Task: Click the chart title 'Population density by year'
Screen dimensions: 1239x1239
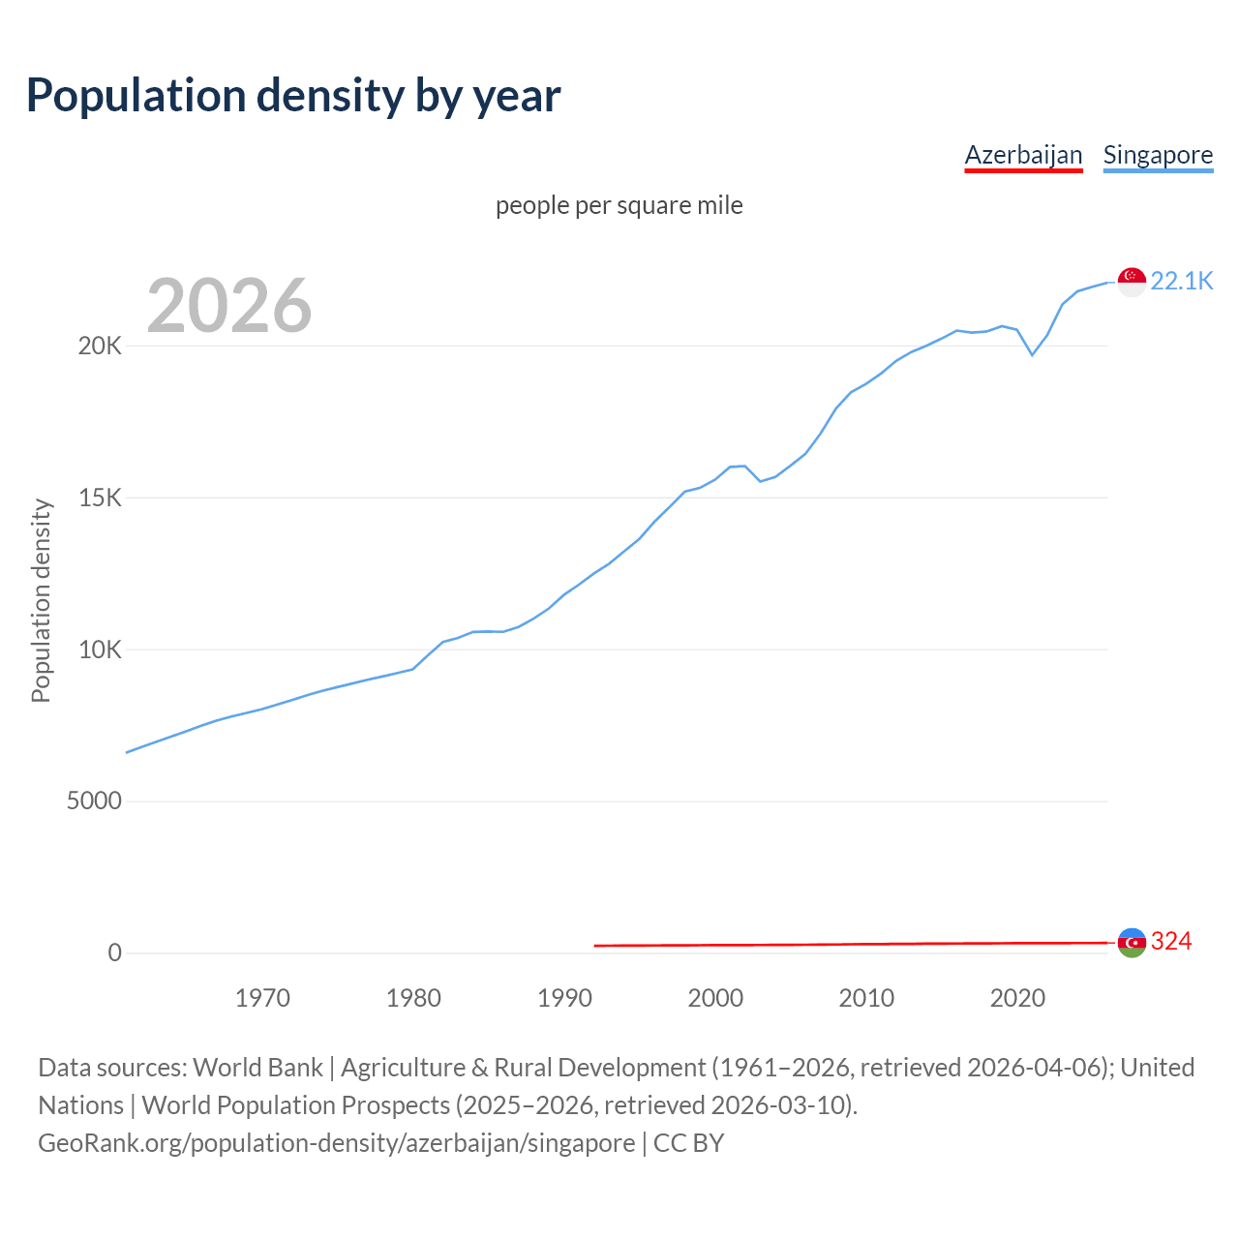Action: (x=293, y=96)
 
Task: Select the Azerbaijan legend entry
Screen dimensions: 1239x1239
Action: (x=1023, y=155)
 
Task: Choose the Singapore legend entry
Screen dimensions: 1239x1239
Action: (x=1158, y=155)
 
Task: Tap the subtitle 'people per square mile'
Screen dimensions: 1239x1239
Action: (x=619, y=205)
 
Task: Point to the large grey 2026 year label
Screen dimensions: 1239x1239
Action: (x=229, y=306)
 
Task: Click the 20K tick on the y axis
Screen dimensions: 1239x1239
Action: (x=100, y=347)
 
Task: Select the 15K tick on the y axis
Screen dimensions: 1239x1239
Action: (x=100, y=499)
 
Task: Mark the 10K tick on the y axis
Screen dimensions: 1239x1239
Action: (x=100, y=650)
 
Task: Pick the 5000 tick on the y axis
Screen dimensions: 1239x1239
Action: (x=94, y=801)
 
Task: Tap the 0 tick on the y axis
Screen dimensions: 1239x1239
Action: (x=115, y=953)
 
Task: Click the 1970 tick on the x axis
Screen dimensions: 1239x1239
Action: (x=262, y=998)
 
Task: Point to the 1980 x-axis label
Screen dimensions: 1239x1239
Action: (x=413, y=998)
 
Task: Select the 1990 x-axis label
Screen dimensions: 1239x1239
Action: (x=564, y=998)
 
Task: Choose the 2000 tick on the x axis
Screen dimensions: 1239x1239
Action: (x=715, y=998)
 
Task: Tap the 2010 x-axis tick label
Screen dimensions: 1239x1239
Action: (x=866, y=998)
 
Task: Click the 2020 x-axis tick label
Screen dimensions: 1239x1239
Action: (x=1017, y=998)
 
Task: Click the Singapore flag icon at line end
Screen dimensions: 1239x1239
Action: (x=1132, y=282)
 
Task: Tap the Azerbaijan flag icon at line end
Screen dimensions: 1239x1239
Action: (x=1132, y=942)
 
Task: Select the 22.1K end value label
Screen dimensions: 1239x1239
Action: (x=1181, y=282)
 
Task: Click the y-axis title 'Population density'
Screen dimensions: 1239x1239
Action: (x=41, y=600)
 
